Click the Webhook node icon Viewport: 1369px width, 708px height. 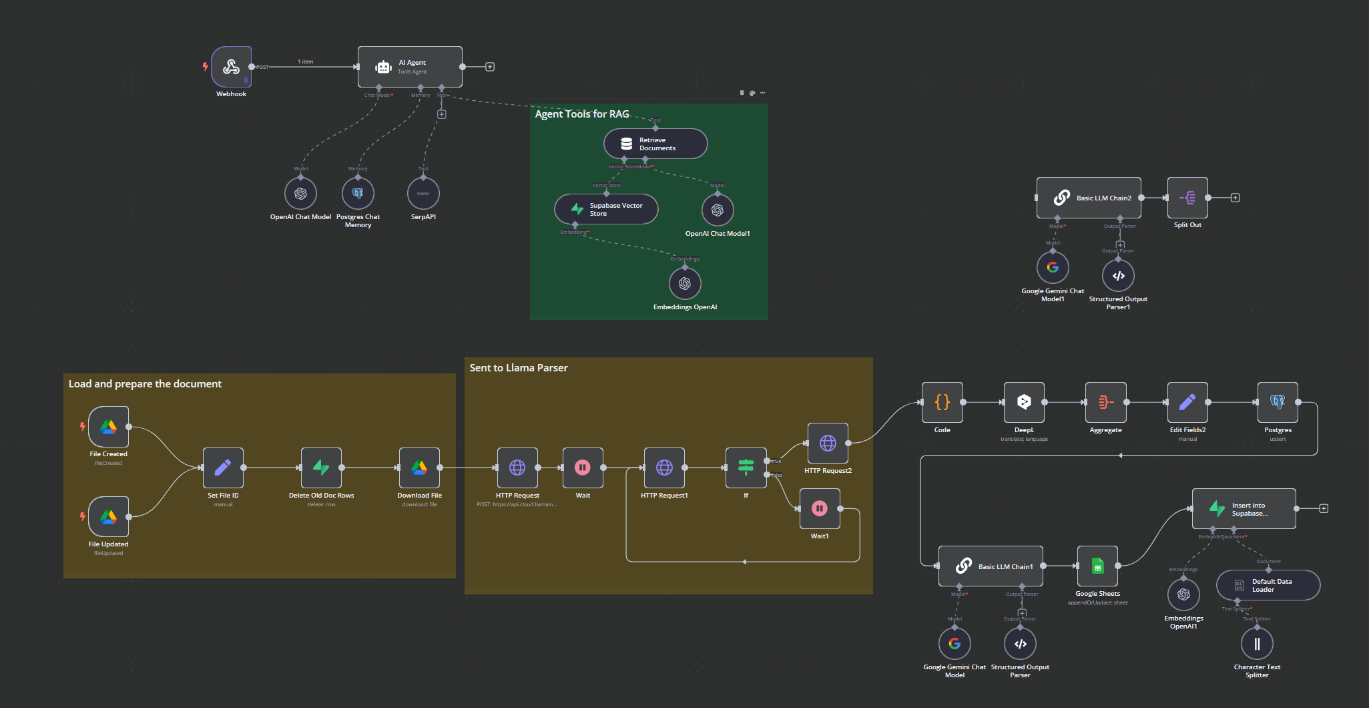[x=231, y=67]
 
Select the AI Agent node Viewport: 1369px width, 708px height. [x=410, y=67]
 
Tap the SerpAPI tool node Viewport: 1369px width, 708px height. [x=423, y=194]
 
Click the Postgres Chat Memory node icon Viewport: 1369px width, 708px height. [x=358, y=194]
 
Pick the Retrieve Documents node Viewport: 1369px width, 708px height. [x=655, y=144]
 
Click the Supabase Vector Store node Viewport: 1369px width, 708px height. [x=606, y=209]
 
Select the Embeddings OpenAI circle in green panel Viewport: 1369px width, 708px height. [x=685, y=283]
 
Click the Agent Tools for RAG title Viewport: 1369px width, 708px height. [x=582, y=114]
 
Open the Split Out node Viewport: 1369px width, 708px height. [x=1187, y=198]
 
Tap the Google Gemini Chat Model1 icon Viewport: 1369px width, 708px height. [x=1053, y=267]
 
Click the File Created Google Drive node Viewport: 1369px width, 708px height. [x=108, y=427]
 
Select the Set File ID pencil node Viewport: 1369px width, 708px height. [x=223, y=468]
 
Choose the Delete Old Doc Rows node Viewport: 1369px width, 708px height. [x=321, y=468]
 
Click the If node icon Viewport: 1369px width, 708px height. [x=746, y=468]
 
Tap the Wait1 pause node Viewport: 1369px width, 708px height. [x=820, y=508]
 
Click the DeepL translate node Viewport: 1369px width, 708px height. [x=1024, y=402]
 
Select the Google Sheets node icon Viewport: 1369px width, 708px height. [x=1097, y=566]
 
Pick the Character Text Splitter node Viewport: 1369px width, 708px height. [x=1257, y=644]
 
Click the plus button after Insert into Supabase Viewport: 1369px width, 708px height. [x=1324, y=508]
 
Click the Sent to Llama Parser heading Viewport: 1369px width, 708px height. [x=519, y=368]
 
